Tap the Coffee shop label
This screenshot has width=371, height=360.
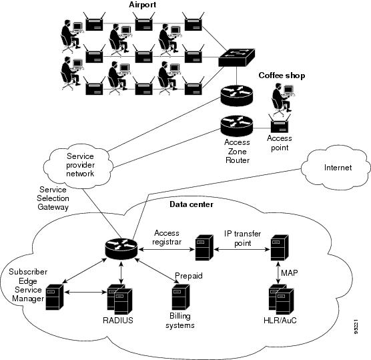point(281,75)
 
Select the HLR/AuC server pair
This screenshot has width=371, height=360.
point(280,299)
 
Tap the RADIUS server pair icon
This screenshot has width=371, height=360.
point(117,300)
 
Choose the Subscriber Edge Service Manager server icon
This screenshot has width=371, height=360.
point(54,297)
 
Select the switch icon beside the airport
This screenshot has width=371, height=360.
point(237,58)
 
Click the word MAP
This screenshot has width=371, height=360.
point(290,273)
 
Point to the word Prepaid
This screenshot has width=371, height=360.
point(189,275)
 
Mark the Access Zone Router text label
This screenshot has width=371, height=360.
point(237,151)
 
